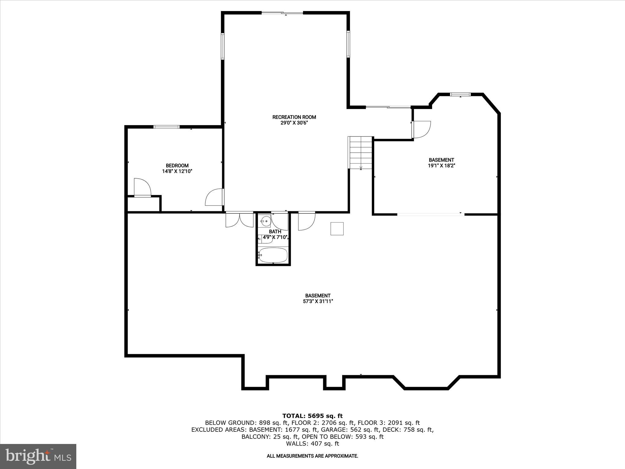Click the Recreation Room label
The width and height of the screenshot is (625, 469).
coord(294,117)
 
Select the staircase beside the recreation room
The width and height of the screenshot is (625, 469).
coord(361,152)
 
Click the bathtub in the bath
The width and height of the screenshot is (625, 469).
coord(273,255)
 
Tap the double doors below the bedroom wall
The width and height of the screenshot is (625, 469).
coord(240,220)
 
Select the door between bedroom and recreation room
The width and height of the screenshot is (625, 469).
coord(215,197)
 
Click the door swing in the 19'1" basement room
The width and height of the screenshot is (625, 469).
coord(421,129)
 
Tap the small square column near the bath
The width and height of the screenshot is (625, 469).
coord(337,229)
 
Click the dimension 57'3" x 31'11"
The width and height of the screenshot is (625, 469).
coord(318,301)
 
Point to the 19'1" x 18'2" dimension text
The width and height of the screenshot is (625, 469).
coord(441,166)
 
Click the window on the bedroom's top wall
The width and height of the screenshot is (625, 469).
coord(166,126)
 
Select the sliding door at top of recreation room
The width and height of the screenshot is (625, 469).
coord(282,13)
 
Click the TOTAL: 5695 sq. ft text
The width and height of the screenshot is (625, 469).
coord(312,416)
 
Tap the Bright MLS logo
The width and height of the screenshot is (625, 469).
coord(38,456)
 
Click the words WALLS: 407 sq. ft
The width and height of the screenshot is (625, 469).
coord(312,444)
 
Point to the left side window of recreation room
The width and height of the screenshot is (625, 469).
coord(223,46)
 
